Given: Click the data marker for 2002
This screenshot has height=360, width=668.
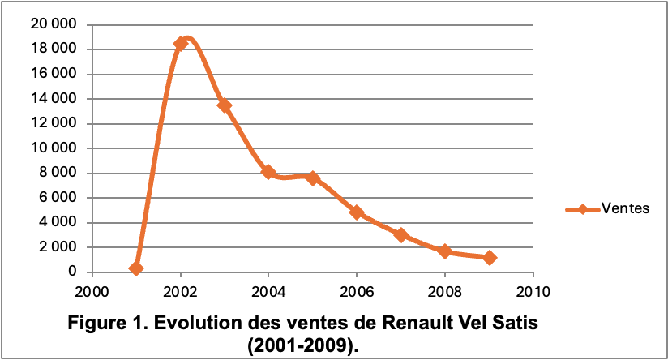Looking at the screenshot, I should tap(181, 44).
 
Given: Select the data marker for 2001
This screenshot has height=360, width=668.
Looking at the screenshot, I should tap(136, 268).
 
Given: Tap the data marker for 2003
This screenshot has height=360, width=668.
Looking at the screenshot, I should tap(225, 105).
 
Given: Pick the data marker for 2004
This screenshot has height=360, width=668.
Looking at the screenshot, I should tap(268, 172).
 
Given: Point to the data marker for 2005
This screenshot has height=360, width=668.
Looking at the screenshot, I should tap(313, 178).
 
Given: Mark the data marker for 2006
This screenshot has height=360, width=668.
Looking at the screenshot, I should tap(357, 212).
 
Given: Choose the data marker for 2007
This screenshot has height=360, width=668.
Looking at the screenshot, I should tap(400, 235).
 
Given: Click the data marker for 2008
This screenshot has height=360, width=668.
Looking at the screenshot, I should tap(444, 251).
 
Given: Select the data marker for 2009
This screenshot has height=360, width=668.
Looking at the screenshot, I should tap(489, 258).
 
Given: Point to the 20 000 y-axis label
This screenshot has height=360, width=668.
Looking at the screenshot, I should tap(54, 25).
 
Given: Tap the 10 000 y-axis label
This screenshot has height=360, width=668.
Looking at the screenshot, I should tap(54, 148).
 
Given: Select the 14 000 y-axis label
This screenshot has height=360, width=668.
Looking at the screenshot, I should tap(54, 99).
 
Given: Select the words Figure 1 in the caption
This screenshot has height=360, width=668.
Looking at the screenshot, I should tap(105, 323).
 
